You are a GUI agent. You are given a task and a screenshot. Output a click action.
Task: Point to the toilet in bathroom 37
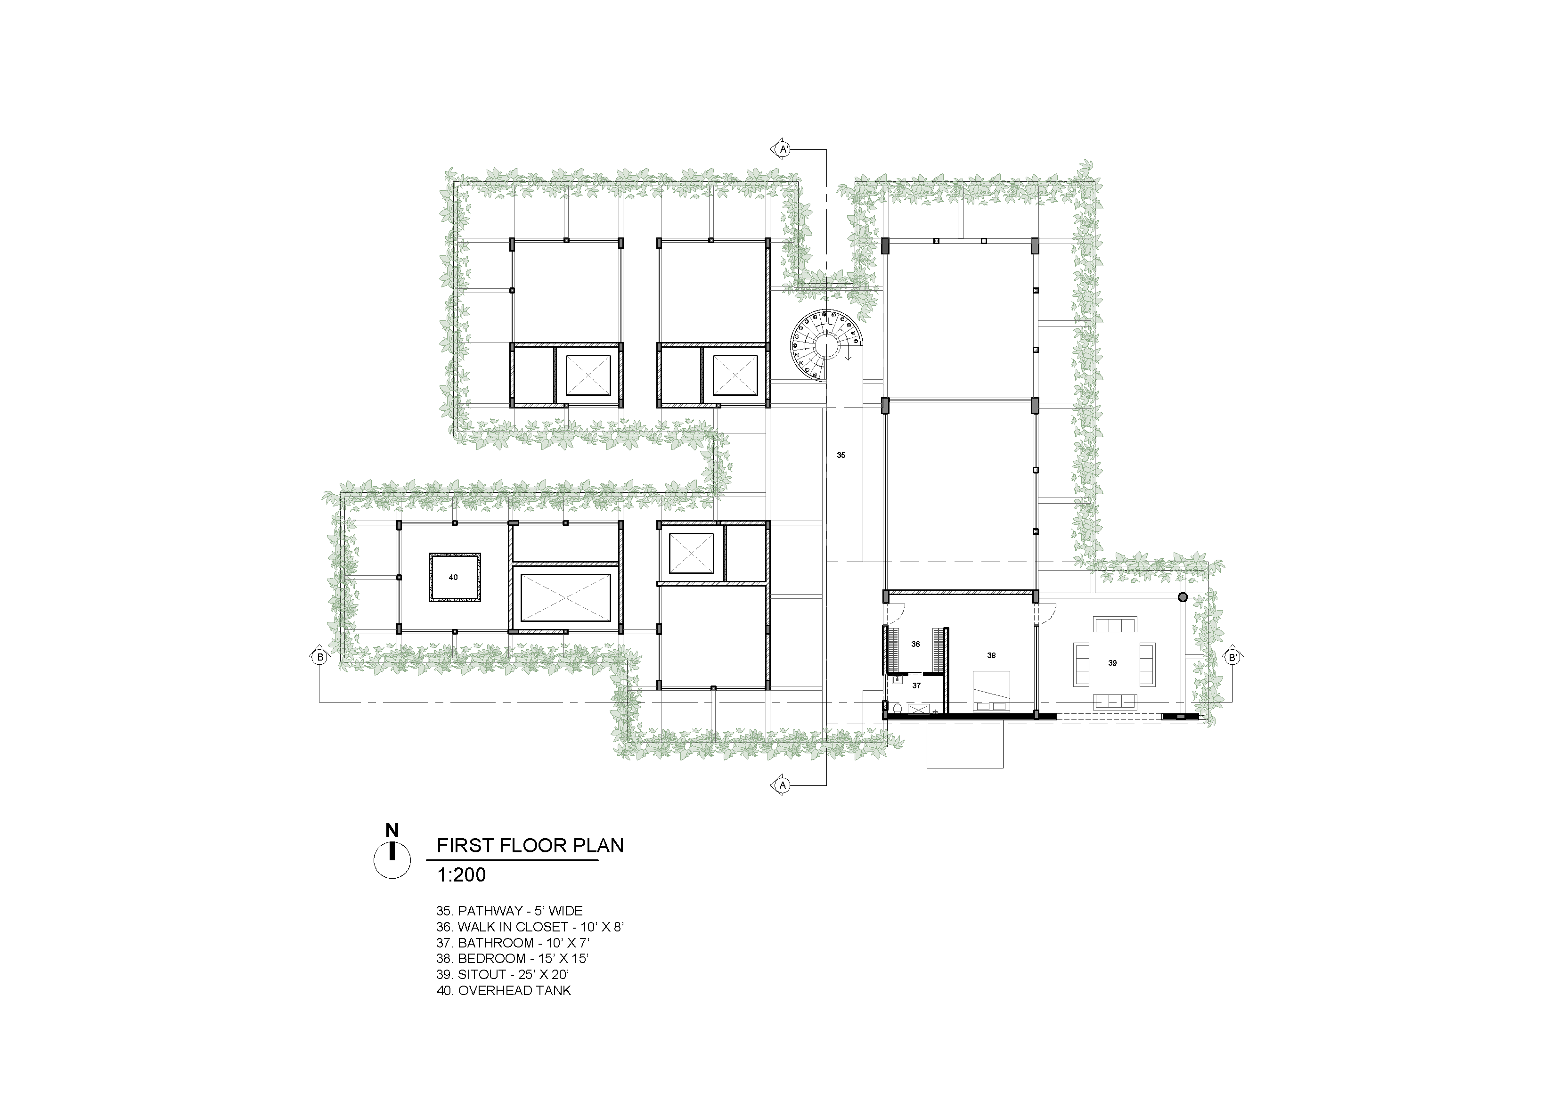(x=898, y=709)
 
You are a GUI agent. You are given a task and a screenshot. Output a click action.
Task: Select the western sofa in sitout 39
(x=1080, y=663)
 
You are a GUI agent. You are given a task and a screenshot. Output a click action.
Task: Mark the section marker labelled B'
(x=1231, y=657)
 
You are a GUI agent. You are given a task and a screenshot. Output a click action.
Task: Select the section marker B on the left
(x=318, y=657)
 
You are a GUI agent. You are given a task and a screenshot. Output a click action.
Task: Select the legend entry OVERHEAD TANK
(x=505, y=991)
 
